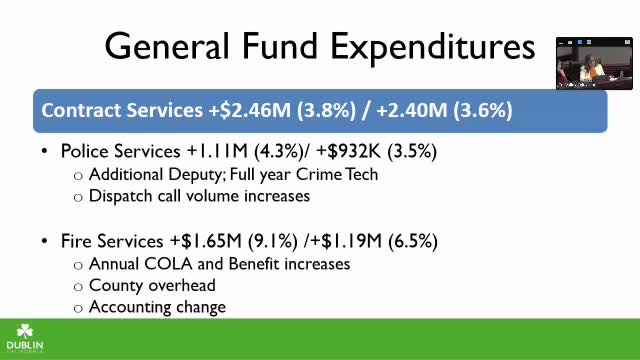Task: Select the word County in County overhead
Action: tap(117, 286)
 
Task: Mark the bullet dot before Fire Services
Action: tap(45, 243)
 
